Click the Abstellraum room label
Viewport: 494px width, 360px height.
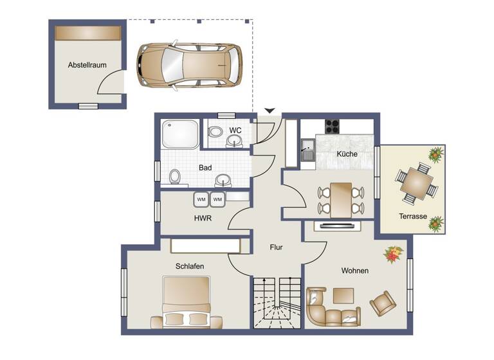tap(87, 65)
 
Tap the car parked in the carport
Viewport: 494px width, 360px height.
tap(189, 65)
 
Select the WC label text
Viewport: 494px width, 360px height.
tap(235, 130)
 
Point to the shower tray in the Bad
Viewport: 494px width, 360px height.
tap(180, 134)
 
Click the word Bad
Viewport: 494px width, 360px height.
tap(205, 168)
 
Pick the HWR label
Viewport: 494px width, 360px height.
tap(203, 218)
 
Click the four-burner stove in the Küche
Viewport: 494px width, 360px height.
tap(332, 127)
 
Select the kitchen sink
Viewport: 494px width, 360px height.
tap(307, 154)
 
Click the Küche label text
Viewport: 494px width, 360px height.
tap(347, 154)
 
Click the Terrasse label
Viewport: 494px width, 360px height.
tap(412, 217)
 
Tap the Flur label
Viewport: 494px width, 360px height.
tap(276, 247)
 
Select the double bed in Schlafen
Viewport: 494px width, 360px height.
tap(187, 302)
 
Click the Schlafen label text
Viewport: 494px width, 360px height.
tap(190, 265)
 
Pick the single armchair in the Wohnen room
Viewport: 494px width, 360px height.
tap(383, 303)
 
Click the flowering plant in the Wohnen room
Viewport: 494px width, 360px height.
tap(392, 255)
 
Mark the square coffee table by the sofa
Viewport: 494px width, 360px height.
tap(343, 294)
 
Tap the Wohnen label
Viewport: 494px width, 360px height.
tap(354, 271)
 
